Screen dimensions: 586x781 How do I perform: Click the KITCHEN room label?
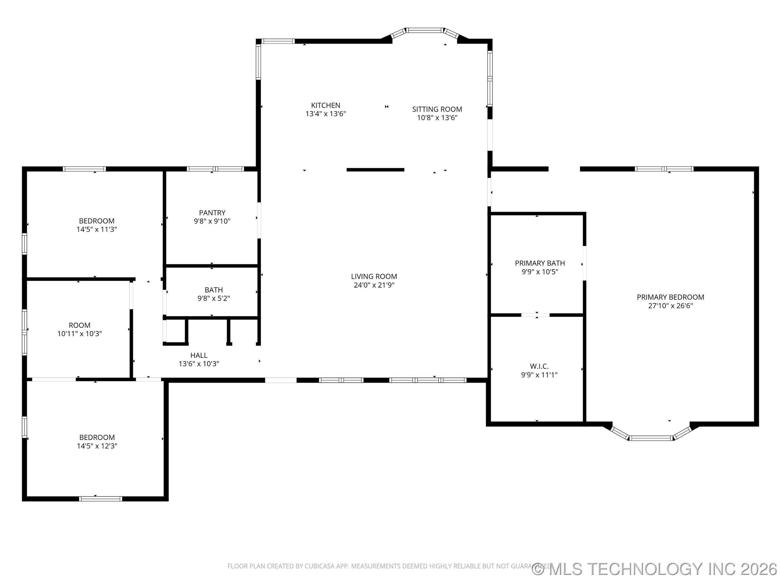325,105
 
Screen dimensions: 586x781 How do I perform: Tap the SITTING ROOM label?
437,109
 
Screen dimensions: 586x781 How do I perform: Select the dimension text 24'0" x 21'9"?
374,285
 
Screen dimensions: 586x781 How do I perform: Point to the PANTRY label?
212,213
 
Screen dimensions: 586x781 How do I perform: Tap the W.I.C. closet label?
539,366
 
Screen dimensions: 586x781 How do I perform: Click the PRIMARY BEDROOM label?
670,297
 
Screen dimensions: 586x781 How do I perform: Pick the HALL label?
199,355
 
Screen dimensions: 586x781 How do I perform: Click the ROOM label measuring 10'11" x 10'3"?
79,325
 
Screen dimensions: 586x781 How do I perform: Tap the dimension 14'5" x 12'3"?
97,446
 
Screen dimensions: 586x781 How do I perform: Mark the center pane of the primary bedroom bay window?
651,438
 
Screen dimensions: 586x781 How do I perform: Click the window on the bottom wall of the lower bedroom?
101,499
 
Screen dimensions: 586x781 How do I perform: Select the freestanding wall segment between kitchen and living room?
375,170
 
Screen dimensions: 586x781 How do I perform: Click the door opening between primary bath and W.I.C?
535,315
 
